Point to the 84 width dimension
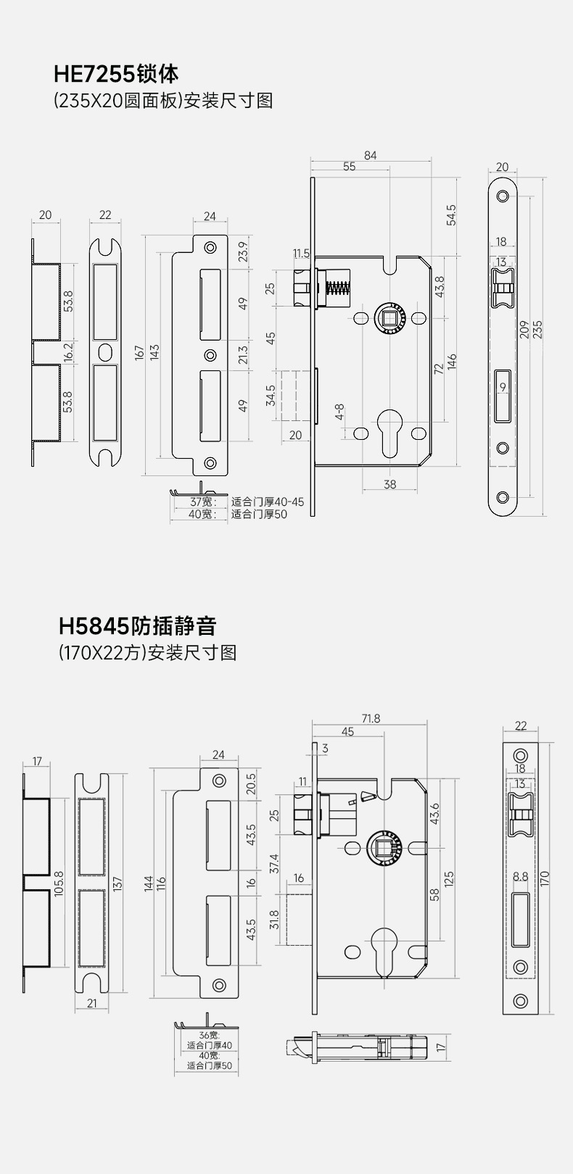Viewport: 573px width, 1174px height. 371,155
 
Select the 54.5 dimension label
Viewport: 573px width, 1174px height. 451,216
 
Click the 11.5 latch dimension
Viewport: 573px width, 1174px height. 301,254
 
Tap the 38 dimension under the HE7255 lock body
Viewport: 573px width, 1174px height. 390,484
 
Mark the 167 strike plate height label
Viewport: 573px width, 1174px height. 139,353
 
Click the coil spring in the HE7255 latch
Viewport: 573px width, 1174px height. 338,288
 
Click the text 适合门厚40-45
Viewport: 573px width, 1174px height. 268,501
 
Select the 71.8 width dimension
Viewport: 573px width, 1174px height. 371,719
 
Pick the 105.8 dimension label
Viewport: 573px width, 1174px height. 59,883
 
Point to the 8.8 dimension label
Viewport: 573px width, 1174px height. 520,876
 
